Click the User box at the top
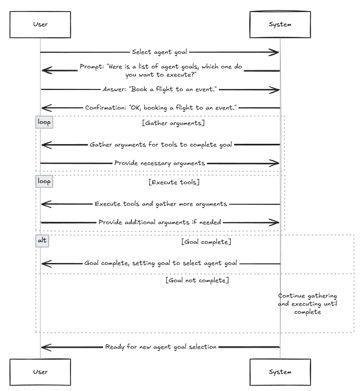click(40, 25)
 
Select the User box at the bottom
click(40, 372)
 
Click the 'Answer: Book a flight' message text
click(160, 89)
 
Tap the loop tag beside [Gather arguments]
click(44, 122)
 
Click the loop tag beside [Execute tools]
click(44, 181)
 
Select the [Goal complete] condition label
click(206, 242)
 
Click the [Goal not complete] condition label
click(197, 280)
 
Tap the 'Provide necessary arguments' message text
click(160, 163)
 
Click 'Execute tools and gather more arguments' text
click(161, 204)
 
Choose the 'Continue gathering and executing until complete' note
click(308, 304)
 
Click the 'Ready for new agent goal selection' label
click(161, 347)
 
